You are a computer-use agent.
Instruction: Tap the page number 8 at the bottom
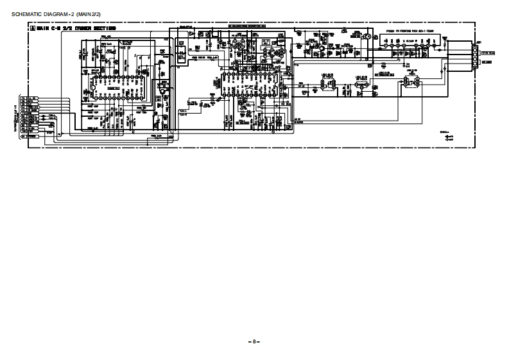click(x=254, y=341)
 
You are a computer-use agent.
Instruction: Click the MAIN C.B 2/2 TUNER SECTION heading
click(x=76, y=29)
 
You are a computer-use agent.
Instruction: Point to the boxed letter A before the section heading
click(x=31, y=29)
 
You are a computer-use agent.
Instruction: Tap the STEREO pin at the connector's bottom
click(x=31, y=136)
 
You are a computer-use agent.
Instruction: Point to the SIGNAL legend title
click(x=444, y=132)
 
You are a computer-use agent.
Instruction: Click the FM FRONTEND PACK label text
click(x=410, y=31)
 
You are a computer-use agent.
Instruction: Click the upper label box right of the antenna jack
click(x=487, y=53)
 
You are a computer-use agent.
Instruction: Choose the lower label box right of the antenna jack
click(x=487, y=62)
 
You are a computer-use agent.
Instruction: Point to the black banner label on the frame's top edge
click(x=247, y=26)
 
